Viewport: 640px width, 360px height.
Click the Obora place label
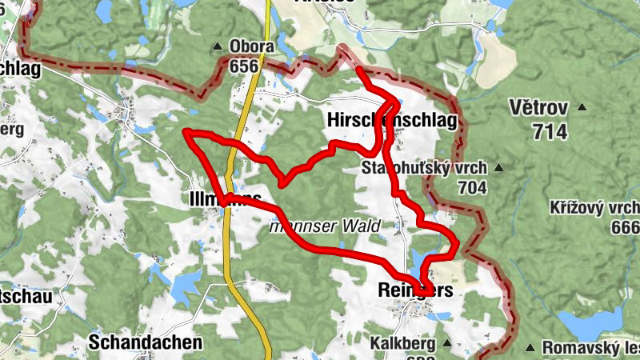click(x=252, y=46)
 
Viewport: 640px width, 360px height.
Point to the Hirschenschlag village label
click(x=391, y=121)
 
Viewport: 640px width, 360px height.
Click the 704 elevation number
click(x=474, y=187)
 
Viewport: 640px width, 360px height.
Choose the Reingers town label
click(x=414, y=292)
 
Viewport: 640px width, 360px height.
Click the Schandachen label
click(x=146, y=342)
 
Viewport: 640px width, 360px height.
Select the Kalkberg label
click(x=402, y=344)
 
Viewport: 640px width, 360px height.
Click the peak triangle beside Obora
click(x=217, y=46)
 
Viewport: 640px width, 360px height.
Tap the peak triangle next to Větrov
click(x=582, y=107)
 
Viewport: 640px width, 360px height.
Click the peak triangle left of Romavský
click(x=530, y=347)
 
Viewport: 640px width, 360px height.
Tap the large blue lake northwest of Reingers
click(x=422, y=261)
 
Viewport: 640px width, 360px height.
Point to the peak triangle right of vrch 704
click(x=498, y=168)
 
